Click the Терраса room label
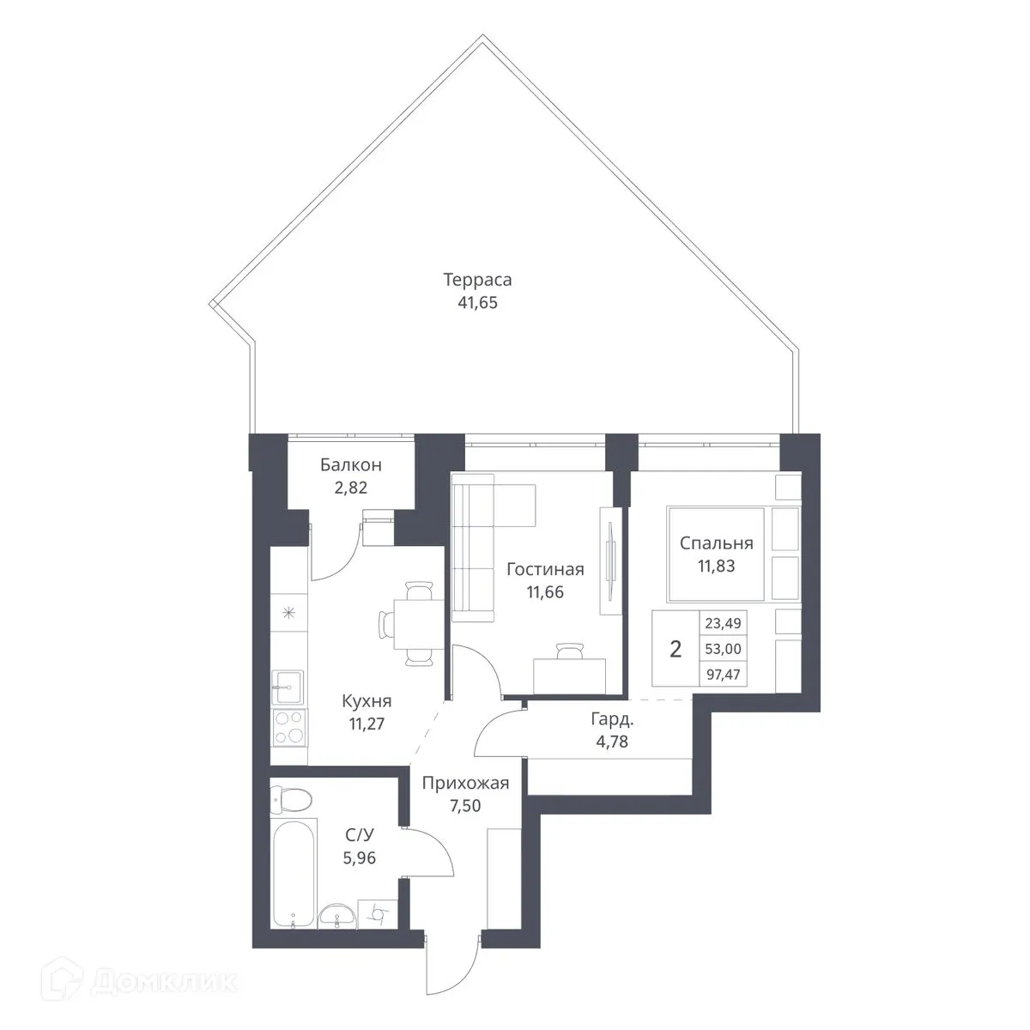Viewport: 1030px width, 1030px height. pyautogui.click(x=477, y=280)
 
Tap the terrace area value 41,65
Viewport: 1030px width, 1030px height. pyautogui.click(x=477, y=302)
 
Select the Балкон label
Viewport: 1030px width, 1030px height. pyautogui.click(x=350, y=465)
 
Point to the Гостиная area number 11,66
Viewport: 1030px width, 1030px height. pyautogui.click(x=545, y=591)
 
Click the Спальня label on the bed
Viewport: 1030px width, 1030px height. pyautogui.click(x=716, y=542)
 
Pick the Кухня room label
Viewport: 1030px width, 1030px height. pyautogui.click(x=366, y=700)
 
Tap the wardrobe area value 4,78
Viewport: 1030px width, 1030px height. pyautogui.click(x=611, y=742)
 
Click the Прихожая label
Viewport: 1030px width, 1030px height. pyautogui.click(x=466, y=783)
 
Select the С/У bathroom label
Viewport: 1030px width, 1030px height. pyautogui.click(x=359, y=833)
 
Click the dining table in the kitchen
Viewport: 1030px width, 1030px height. pyautogui.click(x=405, y=622)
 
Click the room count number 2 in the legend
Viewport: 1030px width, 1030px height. pyautogui.click(x=676, y=649)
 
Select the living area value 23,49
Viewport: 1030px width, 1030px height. pyautogui.click(x=722, y=624)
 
